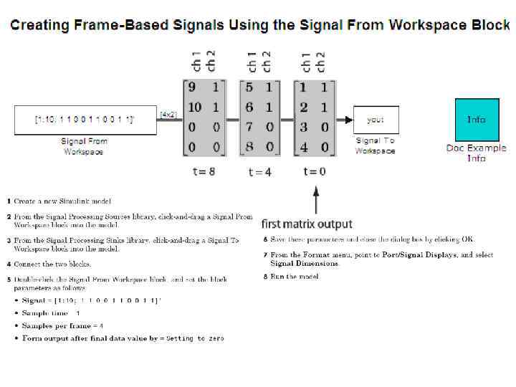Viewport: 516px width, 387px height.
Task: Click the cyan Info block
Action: (477, 120)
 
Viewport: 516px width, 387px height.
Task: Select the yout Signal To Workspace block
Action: (376, 120)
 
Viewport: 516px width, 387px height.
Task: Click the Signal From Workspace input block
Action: (85, 120)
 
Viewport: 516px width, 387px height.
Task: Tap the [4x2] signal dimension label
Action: (168, 114)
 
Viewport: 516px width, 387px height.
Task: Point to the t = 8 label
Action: (204, 171)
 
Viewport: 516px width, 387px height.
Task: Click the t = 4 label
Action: (259, 171)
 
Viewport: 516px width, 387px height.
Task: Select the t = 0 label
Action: (315, 171)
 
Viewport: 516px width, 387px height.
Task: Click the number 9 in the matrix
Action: (191, 87)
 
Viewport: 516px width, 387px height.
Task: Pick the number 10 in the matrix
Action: (194, 107)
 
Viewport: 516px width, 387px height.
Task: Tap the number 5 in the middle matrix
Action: (248, 87)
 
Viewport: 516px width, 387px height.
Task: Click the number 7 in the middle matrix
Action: (248, 127)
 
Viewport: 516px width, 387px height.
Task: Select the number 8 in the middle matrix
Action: (248, 147)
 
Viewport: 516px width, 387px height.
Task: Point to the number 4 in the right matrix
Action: (303, 147)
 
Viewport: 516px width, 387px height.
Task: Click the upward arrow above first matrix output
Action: (315, 197)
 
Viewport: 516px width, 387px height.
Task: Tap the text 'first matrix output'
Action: (307, 224)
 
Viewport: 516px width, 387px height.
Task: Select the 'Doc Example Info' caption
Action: (476, 153)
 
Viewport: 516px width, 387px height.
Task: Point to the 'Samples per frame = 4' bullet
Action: (62, 325)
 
